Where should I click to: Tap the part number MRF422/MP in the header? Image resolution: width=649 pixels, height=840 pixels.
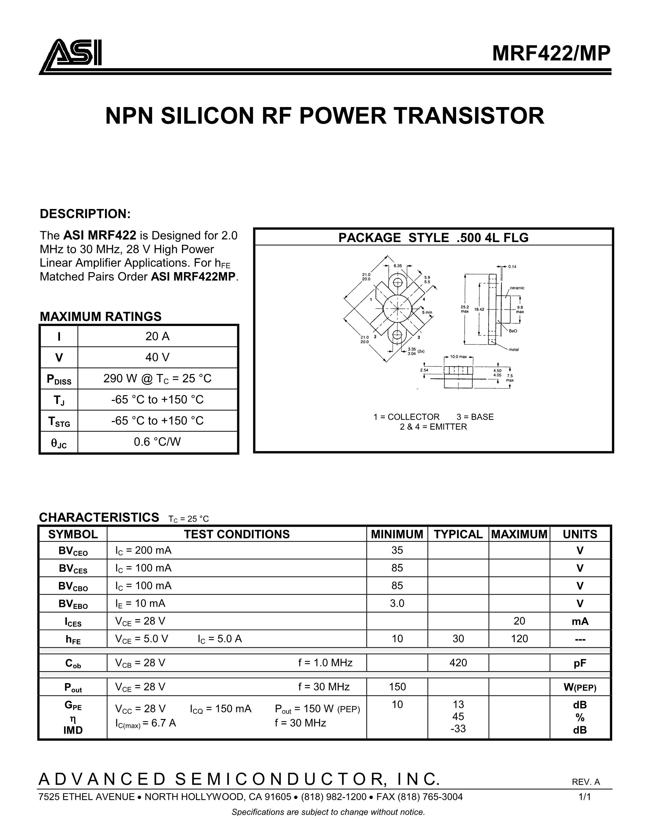[x=551, y=54]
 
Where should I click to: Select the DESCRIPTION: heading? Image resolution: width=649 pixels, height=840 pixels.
[x=85, y=214]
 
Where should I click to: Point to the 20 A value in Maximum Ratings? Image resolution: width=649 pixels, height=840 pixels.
[x=157, y=336]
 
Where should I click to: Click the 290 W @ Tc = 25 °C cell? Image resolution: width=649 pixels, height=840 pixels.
[x=157, y=379]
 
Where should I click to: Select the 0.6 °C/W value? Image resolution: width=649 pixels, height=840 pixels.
[x=157, y=442]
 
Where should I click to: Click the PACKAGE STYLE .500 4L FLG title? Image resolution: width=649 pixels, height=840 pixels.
[x=433, y=238]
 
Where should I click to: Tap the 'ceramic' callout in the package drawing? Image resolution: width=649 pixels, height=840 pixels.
[x=517, y=288]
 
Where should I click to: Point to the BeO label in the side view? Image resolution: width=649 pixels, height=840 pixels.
[x=513, y=331]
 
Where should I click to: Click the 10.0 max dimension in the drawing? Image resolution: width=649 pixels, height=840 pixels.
[x=458, y=357]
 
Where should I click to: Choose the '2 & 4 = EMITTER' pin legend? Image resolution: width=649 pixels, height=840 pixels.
[x=433, y=427]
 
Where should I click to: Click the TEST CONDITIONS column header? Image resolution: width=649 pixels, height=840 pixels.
[x=237, y=534]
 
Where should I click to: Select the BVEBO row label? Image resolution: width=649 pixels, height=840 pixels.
[x=73, y=604]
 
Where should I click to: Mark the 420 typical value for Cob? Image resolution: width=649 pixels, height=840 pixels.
[x=458, y=663]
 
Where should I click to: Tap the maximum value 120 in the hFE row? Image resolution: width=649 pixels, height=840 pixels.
[x=519, y=639]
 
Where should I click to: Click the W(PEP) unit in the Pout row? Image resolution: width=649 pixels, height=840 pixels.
[x=580, y=687]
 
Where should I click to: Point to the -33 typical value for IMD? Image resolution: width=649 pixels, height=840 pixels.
[x=458, y=729]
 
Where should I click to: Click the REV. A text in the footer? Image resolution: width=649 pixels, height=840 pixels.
[x=586, y=782]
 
